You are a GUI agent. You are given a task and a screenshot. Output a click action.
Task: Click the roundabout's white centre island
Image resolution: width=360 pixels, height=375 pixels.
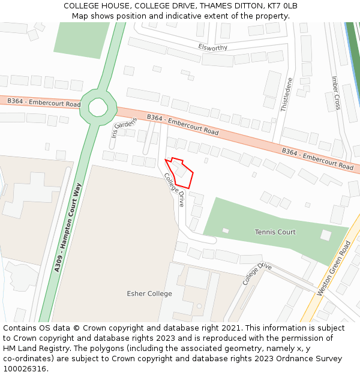tap(98, 107)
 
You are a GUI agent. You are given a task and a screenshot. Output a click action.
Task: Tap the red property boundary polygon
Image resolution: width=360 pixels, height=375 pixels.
tap(182, 173)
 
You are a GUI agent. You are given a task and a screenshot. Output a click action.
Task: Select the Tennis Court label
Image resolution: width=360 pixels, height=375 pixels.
tap(275, 232)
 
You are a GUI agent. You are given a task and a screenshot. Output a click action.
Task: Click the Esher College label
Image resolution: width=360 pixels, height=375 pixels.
tap(149, 293)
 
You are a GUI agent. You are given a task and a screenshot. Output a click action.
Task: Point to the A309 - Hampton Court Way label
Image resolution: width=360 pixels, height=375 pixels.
tap(68, 228)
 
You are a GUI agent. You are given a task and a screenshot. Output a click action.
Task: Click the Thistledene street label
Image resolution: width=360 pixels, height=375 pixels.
tap(287, 94)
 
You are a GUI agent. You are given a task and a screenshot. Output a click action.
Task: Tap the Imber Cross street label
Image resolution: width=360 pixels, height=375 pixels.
tap(337, 93)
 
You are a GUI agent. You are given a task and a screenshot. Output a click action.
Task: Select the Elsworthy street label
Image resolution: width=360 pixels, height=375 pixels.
tap(213, 47)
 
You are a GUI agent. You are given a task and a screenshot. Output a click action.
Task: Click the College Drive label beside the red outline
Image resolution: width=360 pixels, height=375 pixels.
tap(174, 190)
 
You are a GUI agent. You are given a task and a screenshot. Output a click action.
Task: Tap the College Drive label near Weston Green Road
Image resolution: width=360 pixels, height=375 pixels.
tap(257, 273)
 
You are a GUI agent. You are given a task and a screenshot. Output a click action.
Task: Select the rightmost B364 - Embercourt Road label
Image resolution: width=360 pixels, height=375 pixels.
tap(318, 158)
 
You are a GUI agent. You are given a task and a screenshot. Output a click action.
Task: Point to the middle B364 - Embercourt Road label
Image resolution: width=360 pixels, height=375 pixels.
tap(183, 125)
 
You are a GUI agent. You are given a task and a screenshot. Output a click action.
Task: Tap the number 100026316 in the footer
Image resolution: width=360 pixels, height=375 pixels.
tap(25, 368)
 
